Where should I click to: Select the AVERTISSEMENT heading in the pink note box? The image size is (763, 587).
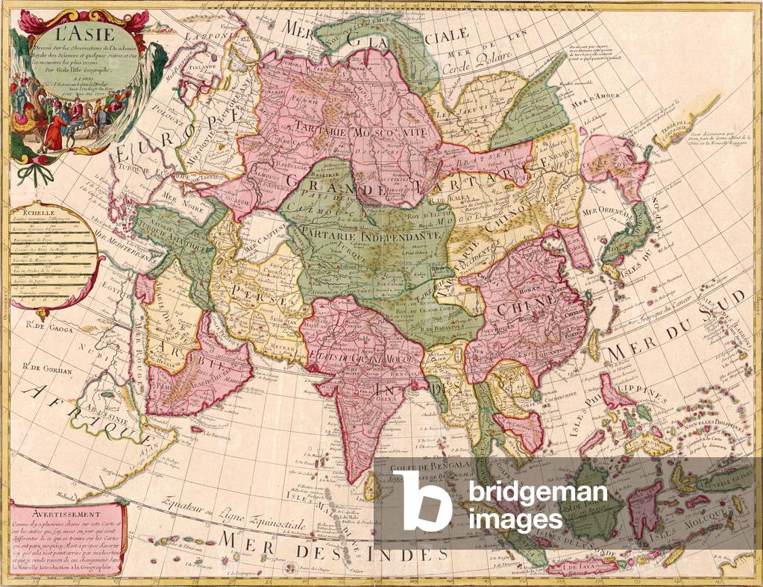coord(51,512)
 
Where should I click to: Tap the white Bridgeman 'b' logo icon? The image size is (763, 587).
coord(421,501)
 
